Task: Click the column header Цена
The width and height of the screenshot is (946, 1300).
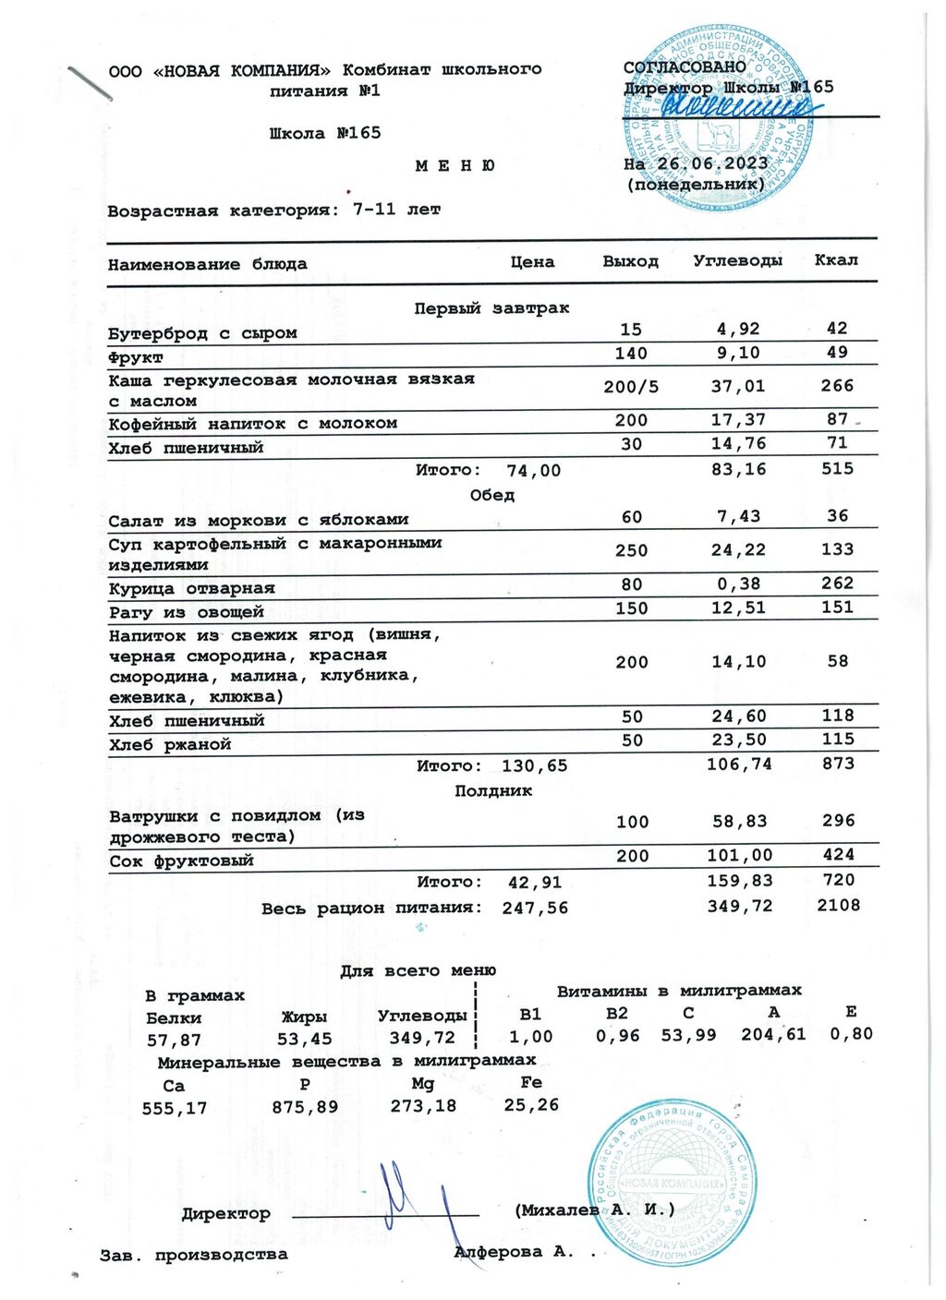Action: coord(532,262)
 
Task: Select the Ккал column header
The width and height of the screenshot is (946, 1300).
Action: coord(835,260)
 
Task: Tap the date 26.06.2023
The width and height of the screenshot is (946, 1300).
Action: coord(712,163)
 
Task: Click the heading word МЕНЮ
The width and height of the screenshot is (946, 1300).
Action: coord(455,166)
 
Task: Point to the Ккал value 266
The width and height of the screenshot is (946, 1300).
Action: coord(837,386)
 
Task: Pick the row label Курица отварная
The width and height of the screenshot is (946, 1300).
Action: coord(191,588)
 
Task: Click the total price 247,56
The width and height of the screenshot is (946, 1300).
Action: coord(535,908)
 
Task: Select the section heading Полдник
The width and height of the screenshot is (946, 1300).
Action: coord(493,791)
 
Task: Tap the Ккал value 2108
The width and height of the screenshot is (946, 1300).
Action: coord(838,905)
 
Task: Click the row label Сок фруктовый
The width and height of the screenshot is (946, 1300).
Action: coord(181,861)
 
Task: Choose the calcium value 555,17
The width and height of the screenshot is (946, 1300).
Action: coord(175,1108)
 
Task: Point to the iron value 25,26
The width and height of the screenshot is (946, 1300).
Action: coord(531,1104)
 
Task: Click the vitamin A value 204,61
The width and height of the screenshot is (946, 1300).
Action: coord(773,1034)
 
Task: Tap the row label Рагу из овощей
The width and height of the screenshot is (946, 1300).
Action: coord(186,612)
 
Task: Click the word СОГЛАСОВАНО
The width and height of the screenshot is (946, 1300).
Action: coord(685,67)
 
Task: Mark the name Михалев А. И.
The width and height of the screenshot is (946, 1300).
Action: coord(595,1210)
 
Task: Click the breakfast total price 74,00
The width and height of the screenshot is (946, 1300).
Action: coord(533,471)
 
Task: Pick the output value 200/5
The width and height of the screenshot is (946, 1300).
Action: coord(631,387)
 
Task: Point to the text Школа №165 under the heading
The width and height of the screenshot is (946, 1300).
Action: coord(325,133)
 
